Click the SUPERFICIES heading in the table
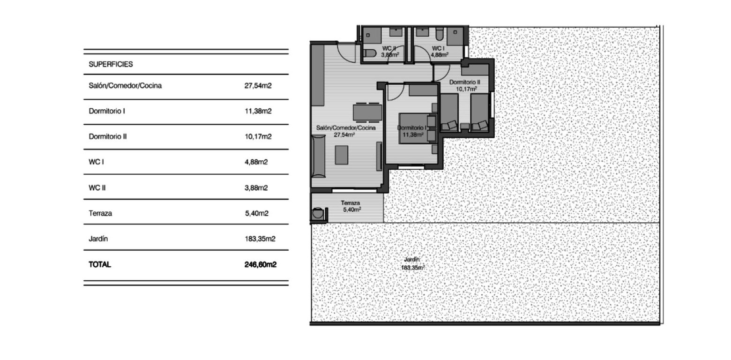111,65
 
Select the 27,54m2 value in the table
258,86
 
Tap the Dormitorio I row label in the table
106,112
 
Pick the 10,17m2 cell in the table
258,137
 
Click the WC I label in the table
96,162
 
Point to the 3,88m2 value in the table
256,188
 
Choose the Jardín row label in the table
98,239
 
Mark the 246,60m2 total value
260,264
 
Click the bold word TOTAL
100,264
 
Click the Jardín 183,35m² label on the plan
412,263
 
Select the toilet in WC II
370,53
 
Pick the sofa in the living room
319,156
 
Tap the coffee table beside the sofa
342,155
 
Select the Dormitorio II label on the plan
464,85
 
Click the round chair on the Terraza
318,214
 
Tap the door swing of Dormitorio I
393,92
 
